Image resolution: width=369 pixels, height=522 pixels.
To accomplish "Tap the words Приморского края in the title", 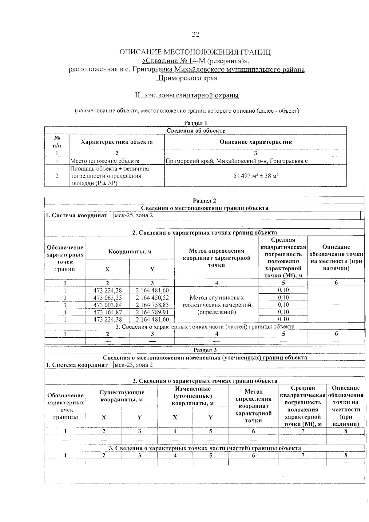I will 187,78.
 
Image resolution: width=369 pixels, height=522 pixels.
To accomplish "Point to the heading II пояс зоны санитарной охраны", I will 187,95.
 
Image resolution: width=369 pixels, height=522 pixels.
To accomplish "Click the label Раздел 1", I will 196,123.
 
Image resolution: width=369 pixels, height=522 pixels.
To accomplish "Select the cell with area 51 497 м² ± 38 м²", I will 256,176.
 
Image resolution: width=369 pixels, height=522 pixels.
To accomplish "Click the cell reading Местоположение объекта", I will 105,161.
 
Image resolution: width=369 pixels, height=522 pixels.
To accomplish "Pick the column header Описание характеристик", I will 256,142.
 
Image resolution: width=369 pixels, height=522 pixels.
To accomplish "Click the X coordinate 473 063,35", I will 107,298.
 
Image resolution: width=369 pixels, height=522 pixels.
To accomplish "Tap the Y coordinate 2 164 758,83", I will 152,305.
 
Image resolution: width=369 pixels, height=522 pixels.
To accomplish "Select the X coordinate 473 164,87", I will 107,312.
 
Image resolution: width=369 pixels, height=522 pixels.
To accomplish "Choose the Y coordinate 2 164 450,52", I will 152,298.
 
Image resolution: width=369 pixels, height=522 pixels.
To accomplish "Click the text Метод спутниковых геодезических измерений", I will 216,301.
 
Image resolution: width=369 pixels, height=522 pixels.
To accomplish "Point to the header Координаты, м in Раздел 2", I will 130,251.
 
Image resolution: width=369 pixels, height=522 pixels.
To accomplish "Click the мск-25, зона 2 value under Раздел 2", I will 133,215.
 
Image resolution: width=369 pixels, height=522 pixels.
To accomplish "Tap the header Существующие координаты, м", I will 122,396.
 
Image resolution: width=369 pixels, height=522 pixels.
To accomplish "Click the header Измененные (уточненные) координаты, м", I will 193,396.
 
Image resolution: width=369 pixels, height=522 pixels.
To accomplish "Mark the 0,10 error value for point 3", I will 283,305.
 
